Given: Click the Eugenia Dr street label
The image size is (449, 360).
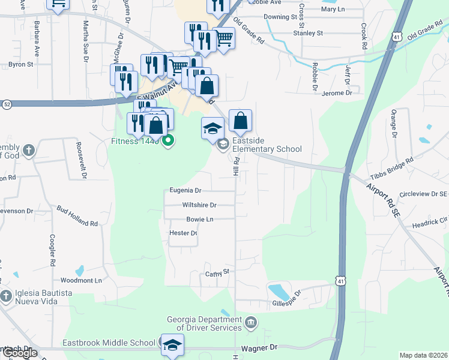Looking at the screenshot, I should [x=185, y=191].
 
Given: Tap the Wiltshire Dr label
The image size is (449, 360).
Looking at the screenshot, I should [x=199, y=205].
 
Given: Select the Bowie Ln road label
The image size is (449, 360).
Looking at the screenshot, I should [x=199, y=220].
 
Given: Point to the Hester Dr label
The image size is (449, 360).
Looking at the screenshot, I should [x=184, y=233].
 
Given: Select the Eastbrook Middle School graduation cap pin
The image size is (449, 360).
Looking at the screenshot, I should [x=172, y=345].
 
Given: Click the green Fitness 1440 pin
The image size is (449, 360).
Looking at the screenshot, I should [x=168, y=142].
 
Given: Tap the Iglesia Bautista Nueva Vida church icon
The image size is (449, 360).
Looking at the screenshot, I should [x=6, y=296].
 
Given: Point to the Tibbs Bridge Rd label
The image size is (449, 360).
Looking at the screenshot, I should [x=393, y=169].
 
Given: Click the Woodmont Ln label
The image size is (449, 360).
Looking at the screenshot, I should [x=82, y=280].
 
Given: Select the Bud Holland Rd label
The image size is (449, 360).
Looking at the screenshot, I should [x=77, y=216].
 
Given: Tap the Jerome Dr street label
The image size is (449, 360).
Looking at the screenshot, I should [x=336, y=94].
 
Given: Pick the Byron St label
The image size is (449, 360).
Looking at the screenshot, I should [x=20, y=64].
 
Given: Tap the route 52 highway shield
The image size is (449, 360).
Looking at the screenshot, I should [x=6, y=104].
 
